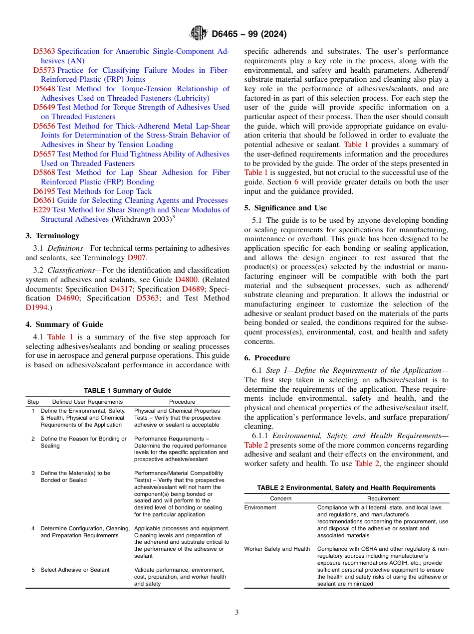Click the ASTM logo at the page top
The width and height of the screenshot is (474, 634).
199,34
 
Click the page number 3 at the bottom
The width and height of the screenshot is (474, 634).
237,613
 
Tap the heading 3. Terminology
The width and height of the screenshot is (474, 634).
52,236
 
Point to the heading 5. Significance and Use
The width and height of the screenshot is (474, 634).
285,208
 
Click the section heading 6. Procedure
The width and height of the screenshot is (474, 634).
267,358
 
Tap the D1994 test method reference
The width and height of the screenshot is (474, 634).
36,308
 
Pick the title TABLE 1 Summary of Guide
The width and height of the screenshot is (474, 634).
127,391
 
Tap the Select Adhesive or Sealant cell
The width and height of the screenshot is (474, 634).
75,570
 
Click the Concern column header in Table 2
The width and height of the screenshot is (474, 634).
280,498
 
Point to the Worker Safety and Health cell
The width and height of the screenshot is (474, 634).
277,549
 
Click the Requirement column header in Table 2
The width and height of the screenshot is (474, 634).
383,498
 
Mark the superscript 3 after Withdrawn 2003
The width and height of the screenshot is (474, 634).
173,217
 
